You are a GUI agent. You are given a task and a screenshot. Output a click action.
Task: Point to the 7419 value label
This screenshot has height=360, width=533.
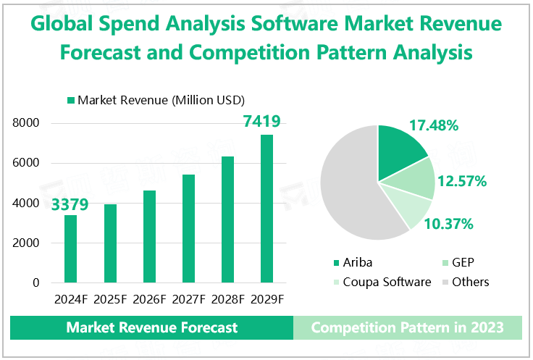point(262,122)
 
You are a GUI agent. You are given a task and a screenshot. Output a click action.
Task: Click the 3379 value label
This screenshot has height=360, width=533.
point(70,204)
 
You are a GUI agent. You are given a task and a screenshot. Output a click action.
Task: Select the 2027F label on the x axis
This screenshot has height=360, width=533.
point(188,298)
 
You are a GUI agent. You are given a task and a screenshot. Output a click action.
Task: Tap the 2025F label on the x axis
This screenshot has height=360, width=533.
point(109,298)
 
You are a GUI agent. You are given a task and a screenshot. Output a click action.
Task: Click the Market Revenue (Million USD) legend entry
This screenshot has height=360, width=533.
point(155,99)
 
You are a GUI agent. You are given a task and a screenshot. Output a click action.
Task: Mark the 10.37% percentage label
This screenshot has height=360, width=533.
point(449,224)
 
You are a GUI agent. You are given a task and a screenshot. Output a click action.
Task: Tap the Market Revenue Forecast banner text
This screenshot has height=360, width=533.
point(152,327)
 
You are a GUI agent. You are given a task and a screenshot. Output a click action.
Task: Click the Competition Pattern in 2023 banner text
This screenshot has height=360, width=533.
point(407,327)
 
